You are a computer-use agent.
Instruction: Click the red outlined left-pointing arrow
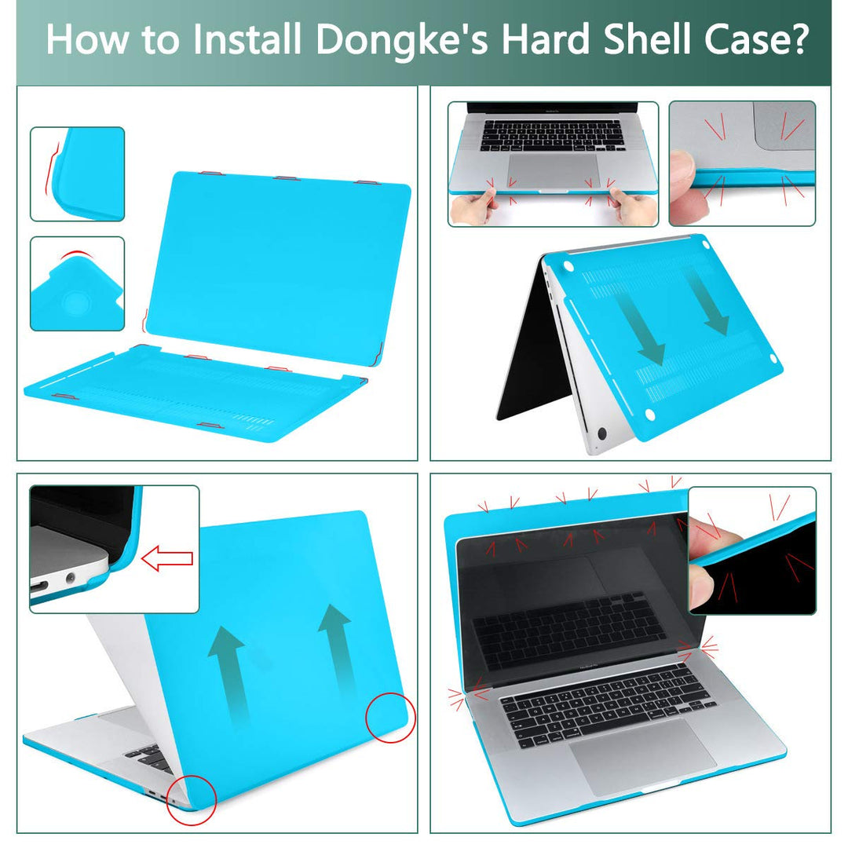(x=166, y=560)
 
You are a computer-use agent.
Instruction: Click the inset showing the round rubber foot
(x=77, y=284)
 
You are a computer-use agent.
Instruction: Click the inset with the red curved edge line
(x=77, y=174)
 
